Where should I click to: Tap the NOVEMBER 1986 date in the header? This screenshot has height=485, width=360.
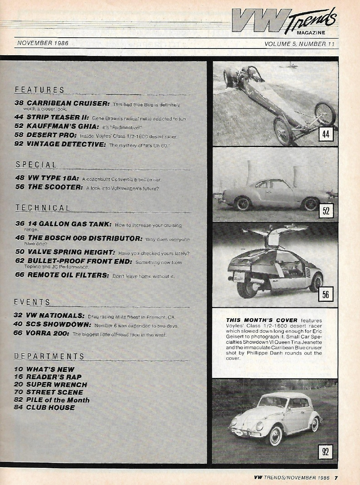(43, 43)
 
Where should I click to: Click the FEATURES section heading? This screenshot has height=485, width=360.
(40, 90)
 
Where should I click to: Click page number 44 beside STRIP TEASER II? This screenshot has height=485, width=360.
(19, 117)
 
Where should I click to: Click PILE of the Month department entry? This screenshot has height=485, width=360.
(58, 400)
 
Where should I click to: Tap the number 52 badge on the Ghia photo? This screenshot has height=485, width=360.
(326, 211)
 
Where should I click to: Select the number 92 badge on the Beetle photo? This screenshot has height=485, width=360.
(325, 452)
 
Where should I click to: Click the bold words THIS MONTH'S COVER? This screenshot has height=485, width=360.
(262, 320)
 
